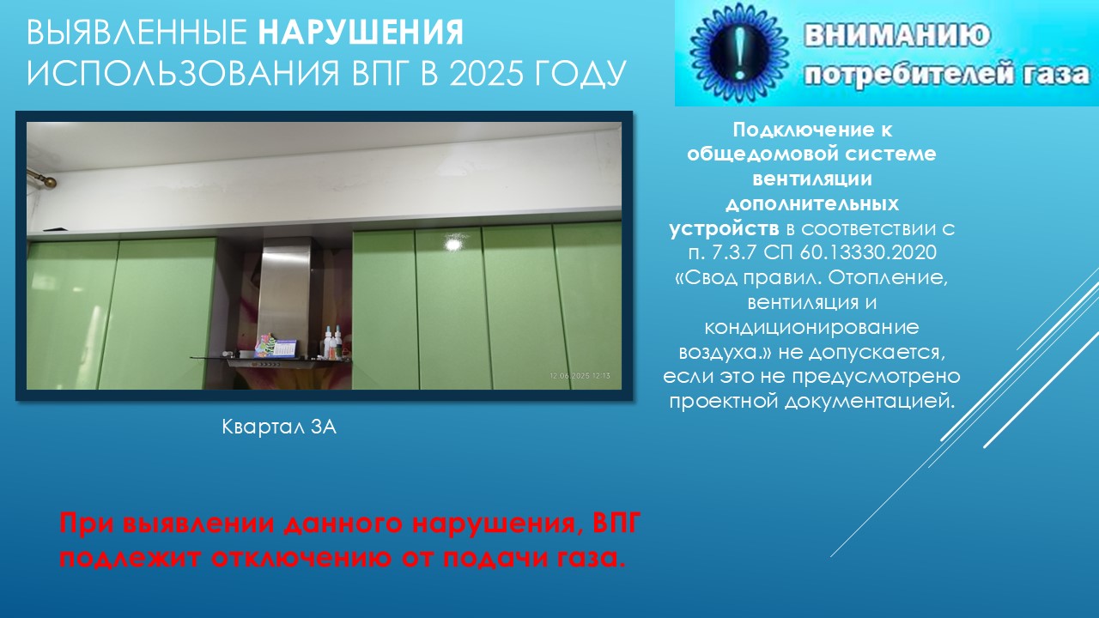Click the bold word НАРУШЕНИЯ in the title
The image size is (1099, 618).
pos(361,33)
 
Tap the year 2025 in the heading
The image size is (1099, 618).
pos(485,74)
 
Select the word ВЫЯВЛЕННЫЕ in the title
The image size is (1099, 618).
pos(137,33)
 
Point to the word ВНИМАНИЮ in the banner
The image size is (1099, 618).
pos(897,35)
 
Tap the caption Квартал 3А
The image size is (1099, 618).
pos(279,427)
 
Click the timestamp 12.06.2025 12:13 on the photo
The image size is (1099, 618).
pos(580,376)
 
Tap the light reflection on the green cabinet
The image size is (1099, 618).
pos(454,243)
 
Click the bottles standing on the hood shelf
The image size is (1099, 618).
pos(332,342)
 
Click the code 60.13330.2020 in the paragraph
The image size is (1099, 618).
pos(868,252)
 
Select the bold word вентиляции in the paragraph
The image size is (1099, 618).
pos(812,179)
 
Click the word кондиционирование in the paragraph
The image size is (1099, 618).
pos(811,327)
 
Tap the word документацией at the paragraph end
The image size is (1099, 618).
pos(870,402)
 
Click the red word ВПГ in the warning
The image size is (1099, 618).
pos(616,523)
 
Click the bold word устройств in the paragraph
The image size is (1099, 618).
pos(724,229)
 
